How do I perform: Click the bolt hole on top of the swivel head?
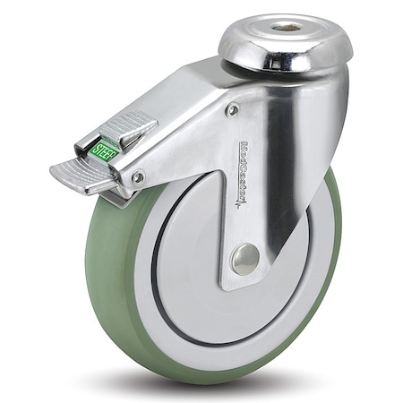(x=287, y=29)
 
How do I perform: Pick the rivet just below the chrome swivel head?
(x=232, y=110)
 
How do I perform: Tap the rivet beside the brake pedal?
(x=137, y=177)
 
